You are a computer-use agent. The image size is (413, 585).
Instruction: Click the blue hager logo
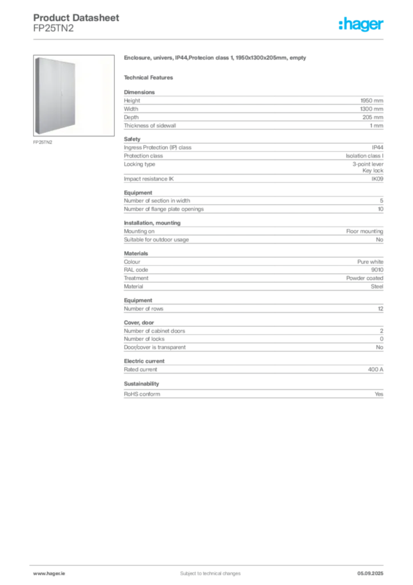pyautogui.click(x=362, y=25)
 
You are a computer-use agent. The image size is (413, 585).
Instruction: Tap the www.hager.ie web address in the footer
pyautogui.click(x=48, y=573)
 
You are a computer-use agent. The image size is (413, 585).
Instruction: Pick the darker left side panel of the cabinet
pyautogui.click(x=35, y=96)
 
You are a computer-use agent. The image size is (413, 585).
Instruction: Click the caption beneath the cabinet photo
pyautogui.click(x=43, y=142)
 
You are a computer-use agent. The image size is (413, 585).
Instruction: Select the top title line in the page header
pyautogui.click(x=77, y=18)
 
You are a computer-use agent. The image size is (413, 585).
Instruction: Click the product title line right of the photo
pyautogui.click(x=216, y=58)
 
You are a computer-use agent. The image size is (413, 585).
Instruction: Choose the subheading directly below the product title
pyautogui.click(x=151, y=77)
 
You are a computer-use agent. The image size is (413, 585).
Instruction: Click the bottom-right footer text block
pyautogui.click(x=371, y=570)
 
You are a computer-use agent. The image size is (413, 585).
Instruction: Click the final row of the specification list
pyautogui.click(x=253, y=395)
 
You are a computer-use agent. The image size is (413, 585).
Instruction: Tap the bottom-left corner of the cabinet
pyautogui.click(x=35, y=134)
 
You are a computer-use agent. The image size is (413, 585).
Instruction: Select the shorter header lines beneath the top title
pyautogui.click(x=54, y=30)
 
